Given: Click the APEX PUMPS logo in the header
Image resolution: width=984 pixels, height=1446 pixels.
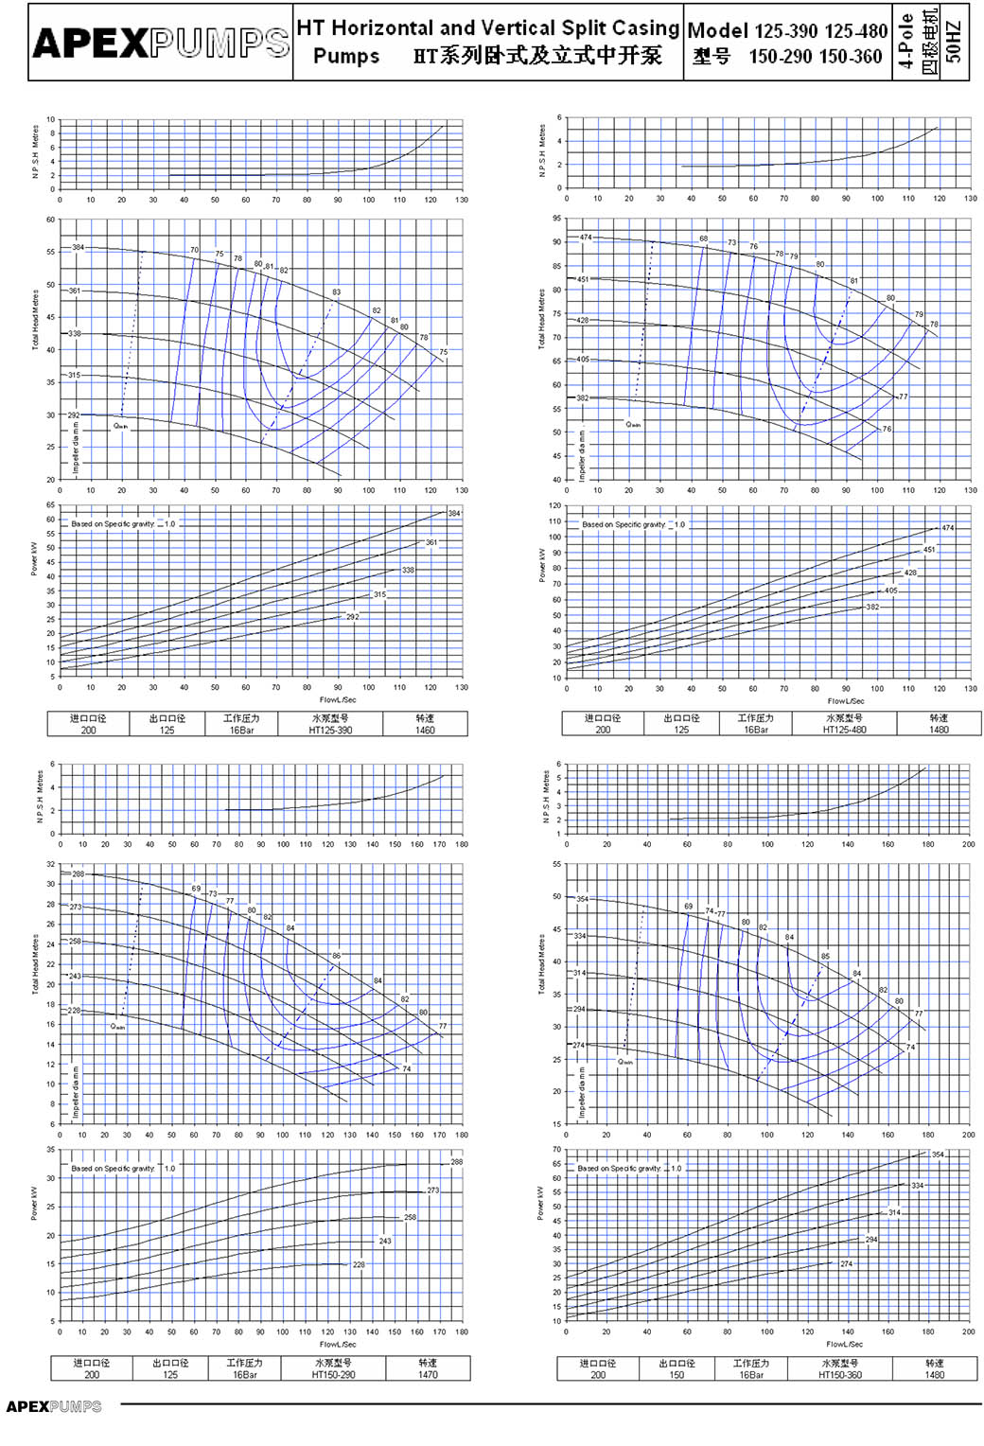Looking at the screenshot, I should pyautogui.click(x=161, y=43).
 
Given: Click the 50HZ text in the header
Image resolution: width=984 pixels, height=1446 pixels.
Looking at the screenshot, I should pyautogui.click(x=954, y=43).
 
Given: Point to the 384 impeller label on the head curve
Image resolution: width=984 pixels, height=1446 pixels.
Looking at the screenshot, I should pyautogui.click(x=78, y=248).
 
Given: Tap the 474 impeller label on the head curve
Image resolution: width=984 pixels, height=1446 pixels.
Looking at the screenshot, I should pyautogui.click(x=586, y=238).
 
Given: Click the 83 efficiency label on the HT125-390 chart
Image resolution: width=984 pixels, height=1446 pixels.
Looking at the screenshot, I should pyautogui.click(x=336, y=292).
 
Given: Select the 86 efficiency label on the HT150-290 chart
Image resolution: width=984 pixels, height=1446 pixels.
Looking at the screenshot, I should pyautogui.click(x=336, y=957).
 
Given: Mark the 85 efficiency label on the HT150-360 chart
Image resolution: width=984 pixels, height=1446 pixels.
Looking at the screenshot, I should pyautogui.click(x=825, y=957).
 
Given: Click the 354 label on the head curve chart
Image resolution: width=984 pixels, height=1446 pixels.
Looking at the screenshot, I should pyautogui.click(x=582, y=899).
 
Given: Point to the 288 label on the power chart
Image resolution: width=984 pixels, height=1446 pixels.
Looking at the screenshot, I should pyautogui.click(x=457, y=1162).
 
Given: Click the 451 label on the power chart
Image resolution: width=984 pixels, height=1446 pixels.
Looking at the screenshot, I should pyautogui.click(x=929, y=550).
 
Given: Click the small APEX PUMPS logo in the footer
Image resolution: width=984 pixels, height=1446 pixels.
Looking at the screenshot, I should pyautogui.click(x=54, y=1407).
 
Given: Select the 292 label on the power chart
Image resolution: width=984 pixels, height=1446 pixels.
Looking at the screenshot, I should pyautogui.click(x=352, y=617).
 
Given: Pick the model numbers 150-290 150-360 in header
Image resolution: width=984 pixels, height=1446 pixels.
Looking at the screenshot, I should pyautogui.click(x=815, y=57).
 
